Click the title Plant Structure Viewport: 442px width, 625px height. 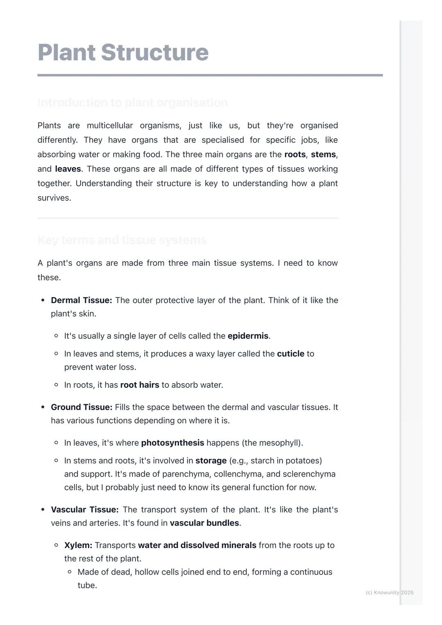(x=123, y=52)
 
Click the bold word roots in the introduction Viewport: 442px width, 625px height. (x=295, y=155)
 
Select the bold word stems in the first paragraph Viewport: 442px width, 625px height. (x=323, y=155)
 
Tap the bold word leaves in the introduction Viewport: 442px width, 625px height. (x=68, y=169)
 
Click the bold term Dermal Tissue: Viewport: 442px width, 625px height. (x=81, y=300)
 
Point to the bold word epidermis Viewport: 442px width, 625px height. (x=248, y=336)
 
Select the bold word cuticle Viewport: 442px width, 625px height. (x=290, y=354)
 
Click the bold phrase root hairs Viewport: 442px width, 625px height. (x=140, y=385)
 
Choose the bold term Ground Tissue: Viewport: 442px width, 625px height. (x=81, y=407)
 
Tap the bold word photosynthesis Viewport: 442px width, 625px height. (x=172, y=443)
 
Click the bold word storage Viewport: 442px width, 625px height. (x=211, y=461)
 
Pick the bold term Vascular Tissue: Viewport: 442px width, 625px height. (x=84, y=510)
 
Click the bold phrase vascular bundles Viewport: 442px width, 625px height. (x=204, y=523)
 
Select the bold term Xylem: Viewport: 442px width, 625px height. (x=78, y=545)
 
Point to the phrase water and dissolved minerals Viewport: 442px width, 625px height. (x=197, y=545)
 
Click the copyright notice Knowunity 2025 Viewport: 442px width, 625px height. (x=389, y=592)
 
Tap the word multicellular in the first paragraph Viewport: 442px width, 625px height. (x=110, y=126)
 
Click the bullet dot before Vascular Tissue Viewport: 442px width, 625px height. (x=43, y=510)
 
